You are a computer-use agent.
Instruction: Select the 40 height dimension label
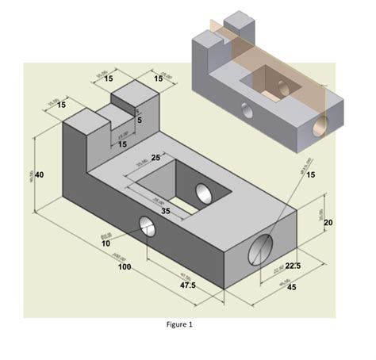click(x=39, y=174)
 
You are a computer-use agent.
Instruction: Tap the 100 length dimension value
click(x=124, y=268)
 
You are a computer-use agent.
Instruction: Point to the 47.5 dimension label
click(x=188, y=284)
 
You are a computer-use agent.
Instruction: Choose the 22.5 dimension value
click(x=291, y=265)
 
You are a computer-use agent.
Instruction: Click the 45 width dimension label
click(x=291, y=287)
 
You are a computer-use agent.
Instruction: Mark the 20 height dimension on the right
click(x=328, y=223)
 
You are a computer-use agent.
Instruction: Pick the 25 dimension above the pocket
click(x=155, y=159)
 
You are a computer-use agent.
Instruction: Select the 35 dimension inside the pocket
click(x=165, y=212)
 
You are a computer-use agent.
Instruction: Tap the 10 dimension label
click(x=106, y=243)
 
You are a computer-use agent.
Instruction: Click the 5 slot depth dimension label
click(x=140, y=119)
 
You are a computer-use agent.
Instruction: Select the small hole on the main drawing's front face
click(x=148, y=227)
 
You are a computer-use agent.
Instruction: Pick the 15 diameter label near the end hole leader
click(x=310, y=174)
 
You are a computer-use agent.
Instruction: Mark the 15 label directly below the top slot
click(x=122, y=144)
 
